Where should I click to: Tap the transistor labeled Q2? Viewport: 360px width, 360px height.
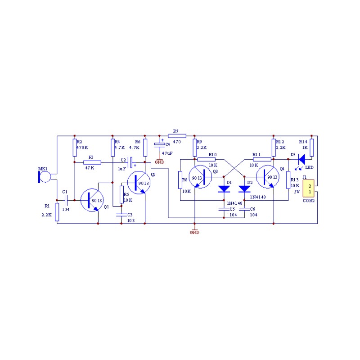coord(139,183)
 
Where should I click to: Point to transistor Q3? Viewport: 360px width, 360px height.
coord(200,177)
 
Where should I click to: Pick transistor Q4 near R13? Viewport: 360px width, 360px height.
coord(268,177)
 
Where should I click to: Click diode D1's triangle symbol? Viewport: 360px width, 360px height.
coord(224,189)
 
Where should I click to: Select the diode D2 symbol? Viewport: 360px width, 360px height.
coord(244,189)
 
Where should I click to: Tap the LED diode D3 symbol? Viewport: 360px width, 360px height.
coord(301,159)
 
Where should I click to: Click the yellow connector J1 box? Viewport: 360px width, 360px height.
coord(308,189)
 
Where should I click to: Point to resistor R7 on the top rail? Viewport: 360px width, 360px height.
coord(177,136)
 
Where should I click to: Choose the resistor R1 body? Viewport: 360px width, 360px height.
coord(57,212)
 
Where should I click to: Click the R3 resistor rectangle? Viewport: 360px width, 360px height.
coord(92,162)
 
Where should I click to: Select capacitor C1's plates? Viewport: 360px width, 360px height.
coord(66,200)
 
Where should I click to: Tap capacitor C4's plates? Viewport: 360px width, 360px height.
coord(160,144)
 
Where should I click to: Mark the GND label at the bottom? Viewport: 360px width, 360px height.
coord(194,232)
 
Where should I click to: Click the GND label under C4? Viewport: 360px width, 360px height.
coord(160,162)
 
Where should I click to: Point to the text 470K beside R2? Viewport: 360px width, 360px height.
coord(82,148)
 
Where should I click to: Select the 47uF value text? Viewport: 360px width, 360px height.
coord(167,153)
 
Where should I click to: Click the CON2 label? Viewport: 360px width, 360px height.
coord(309,200)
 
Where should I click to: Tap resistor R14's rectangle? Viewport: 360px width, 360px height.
coord(311,148)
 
